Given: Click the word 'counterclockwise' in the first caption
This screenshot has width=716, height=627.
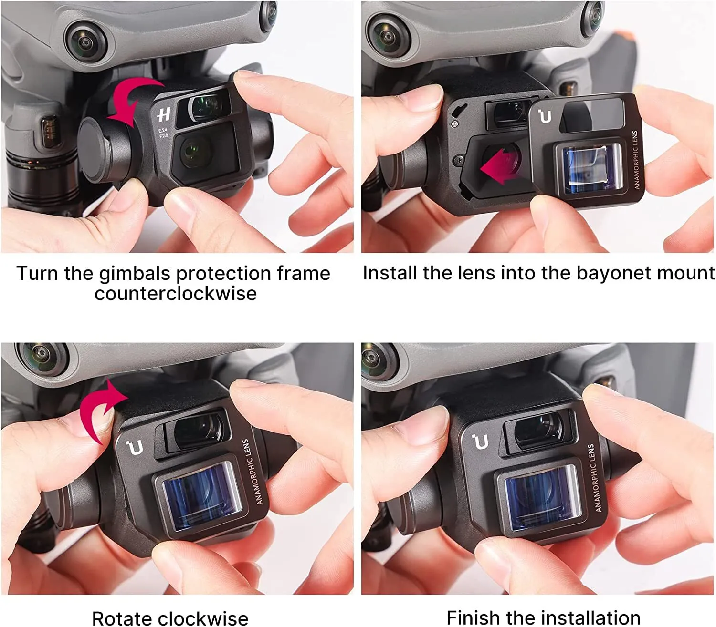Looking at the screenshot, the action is (176, 294).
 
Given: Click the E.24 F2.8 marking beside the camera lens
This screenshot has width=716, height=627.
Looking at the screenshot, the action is (163, 133).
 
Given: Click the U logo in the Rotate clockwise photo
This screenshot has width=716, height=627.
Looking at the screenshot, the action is (135, 447).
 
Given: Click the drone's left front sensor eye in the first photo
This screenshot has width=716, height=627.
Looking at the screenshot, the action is (85, 41).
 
